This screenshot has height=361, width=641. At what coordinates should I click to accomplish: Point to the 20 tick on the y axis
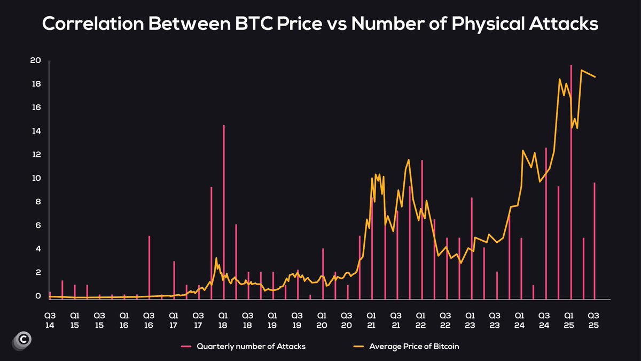pyautogui.click(x=35, y=60)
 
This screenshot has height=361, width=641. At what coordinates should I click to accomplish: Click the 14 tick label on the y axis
pyautogui.click(x=35, y=131)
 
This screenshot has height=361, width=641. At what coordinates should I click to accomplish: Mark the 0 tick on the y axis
pyautogui.click(x=38, y=296)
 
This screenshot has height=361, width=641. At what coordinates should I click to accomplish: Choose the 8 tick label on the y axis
pyautogui.click(x=38, y=202)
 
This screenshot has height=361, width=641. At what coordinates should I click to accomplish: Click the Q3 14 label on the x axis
pyautogui.click(x=50, y=320)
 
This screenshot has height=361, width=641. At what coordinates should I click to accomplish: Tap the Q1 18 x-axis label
pyautogui.click(x=223, y=320)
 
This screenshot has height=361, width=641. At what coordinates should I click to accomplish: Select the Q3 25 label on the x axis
pyautogui.click(x=593, y=320)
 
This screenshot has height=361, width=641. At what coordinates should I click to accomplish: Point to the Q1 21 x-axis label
pyautogui.click(x=371, y=320)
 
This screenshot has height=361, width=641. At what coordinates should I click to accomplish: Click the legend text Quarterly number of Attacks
pyautogui.click(x=251, y=347)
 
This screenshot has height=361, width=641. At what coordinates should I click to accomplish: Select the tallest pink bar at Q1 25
pyautogui.click(x=571, y=182)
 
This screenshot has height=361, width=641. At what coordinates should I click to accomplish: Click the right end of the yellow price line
pyautogui.click(x=595, y=77)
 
